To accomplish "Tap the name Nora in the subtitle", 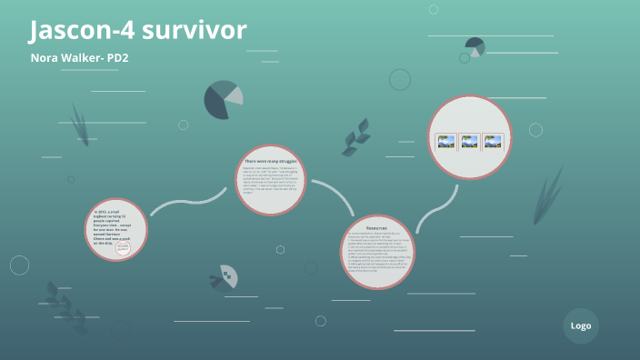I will point(45,57).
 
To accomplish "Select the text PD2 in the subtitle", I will point(115,57).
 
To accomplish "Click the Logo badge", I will point(581,325).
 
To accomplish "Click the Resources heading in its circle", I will point(377,227).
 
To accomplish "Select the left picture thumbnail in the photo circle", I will point(445,142).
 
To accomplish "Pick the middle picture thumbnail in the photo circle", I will point(469,142).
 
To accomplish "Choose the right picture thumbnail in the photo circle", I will point(493,142).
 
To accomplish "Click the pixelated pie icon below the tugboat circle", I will point(224,275).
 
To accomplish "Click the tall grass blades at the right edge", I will point(549,196).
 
